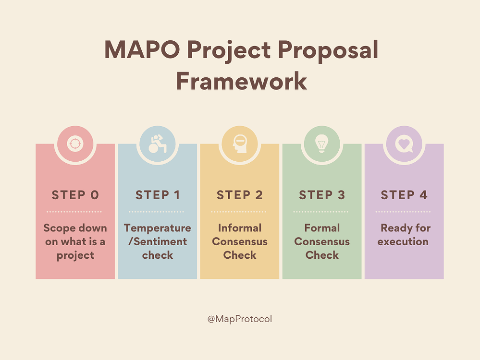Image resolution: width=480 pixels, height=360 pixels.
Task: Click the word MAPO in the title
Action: (142, 49)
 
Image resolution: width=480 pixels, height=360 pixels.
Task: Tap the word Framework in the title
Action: (242, 81)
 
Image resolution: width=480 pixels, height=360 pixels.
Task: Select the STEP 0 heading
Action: (75, 195)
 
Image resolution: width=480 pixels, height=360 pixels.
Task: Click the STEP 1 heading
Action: (157, 195)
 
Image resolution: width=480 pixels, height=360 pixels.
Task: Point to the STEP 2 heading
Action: (240, 195)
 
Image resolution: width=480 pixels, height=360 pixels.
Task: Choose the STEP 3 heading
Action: (322, 195)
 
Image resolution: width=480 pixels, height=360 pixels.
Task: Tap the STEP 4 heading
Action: (404, 195)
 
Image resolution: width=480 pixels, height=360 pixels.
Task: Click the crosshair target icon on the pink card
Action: (75, 144)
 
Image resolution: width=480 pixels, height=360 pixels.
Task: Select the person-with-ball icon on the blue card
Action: (157, 144)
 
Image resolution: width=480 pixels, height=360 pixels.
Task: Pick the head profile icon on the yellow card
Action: (240, 144)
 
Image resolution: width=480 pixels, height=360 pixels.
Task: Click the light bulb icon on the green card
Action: (322, 144)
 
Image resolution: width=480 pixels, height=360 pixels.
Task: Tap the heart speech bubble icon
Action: (404, 144)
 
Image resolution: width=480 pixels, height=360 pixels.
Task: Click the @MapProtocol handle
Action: (240, 319)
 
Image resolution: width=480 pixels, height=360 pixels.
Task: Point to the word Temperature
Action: (157, 228)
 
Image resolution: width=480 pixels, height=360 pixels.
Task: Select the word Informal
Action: (240, 228)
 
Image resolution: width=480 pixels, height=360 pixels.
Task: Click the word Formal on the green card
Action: (322, 228)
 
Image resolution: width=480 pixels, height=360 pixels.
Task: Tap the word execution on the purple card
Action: (403, 241)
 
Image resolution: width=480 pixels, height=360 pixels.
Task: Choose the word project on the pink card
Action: (75, 256)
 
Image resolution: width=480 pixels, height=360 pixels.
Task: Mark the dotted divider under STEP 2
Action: (238, 212)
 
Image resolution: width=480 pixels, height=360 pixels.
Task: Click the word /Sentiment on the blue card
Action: (157, 241)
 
